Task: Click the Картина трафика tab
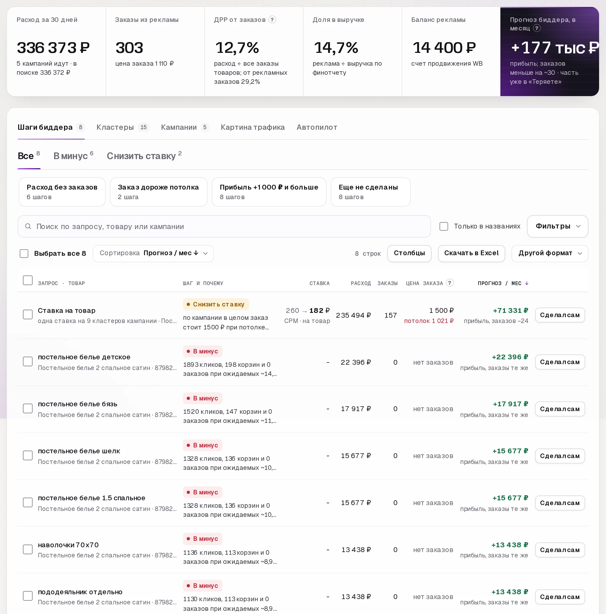[253, 127]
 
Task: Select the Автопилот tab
[317, 127]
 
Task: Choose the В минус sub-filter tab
[73, 156]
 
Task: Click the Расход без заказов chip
[62, 192]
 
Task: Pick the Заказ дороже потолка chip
[158, 192]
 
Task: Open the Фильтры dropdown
[557, 226]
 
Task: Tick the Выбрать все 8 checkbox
[24, 253]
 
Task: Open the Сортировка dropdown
[153, 253]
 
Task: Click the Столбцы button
[409, 253]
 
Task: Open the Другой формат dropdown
[550, 253]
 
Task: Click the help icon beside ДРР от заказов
[272, 20]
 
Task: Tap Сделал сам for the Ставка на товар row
[560, 315]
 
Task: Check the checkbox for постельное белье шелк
[28, 455]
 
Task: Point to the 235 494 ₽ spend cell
[353, 315]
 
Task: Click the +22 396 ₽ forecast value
[510, 357]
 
